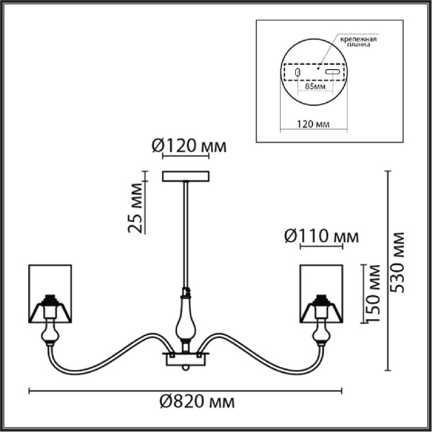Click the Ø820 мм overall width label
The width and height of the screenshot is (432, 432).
click(197, 402)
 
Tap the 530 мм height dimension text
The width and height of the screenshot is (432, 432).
click(398, 263)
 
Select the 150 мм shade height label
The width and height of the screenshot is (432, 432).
click(374, 294)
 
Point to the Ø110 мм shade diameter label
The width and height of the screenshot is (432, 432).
click(322, 236)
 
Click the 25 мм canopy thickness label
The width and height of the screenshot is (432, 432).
click(136, 208)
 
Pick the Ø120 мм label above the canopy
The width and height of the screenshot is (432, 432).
click(189, 145)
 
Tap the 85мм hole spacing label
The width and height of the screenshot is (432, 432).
click(315, 86)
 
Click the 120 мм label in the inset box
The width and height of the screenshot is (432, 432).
click(313, 125)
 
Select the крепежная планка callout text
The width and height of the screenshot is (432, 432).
click(358, 42)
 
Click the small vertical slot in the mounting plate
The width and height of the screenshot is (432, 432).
click(297, 72)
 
